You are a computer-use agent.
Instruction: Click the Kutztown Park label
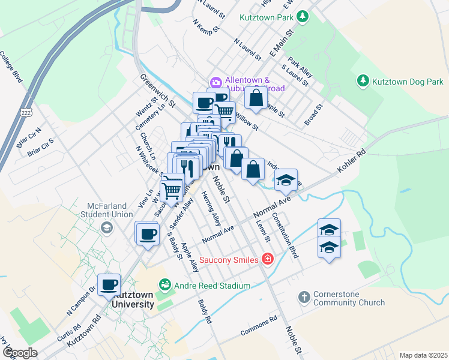click(x=267, y=18)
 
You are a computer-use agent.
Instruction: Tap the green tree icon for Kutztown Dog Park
click(x=363, y=80)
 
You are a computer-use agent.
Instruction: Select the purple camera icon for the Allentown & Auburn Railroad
click(x=215, y=82)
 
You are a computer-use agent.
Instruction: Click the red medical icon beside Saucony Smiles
click(x=267, y=259)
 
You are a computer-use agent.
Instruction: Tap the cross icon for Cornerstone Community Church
click(x=304, y=296)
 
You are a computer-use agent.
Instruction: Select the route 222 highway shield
click(x=26, y=112)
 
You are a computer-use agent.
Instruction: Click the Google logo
click(x=19, y=353)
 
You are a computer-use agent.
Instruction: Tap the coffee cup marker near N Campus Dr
click(x=109, y=284)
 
